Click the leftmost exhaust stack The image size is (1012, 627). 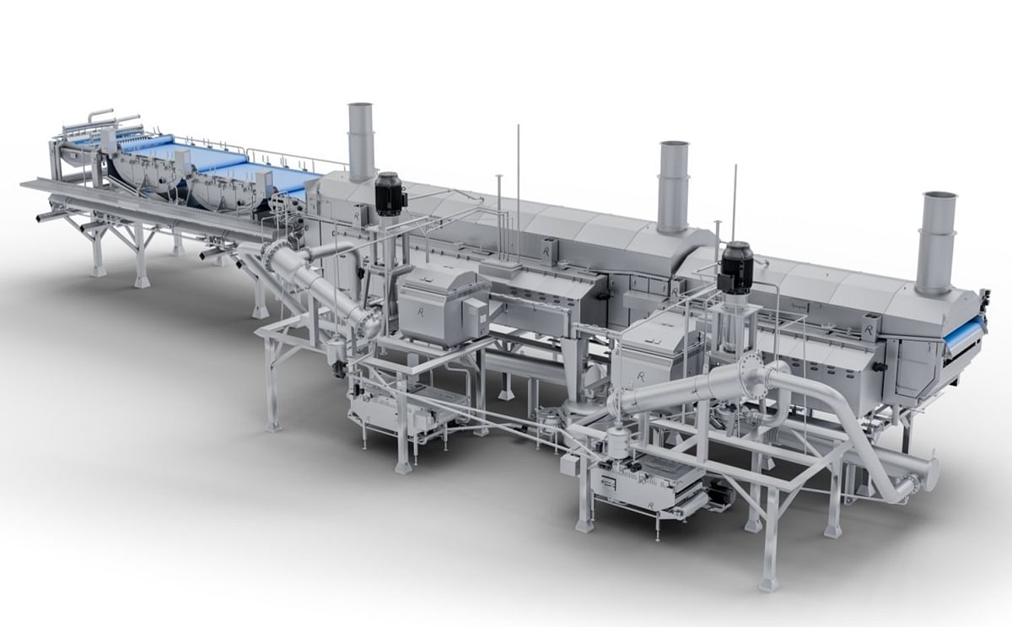tap(361, 142)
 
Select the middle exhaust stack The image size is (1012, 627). tap(673, 186)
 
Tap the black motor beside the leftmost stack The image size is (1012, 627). tap(389, 194)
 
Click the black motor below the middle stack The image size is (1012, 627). tap(735, 268)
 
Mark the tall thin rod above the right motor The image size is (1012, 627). tap(734, 203)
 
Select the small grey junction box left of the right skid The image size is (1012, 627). tap(569, 466)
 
